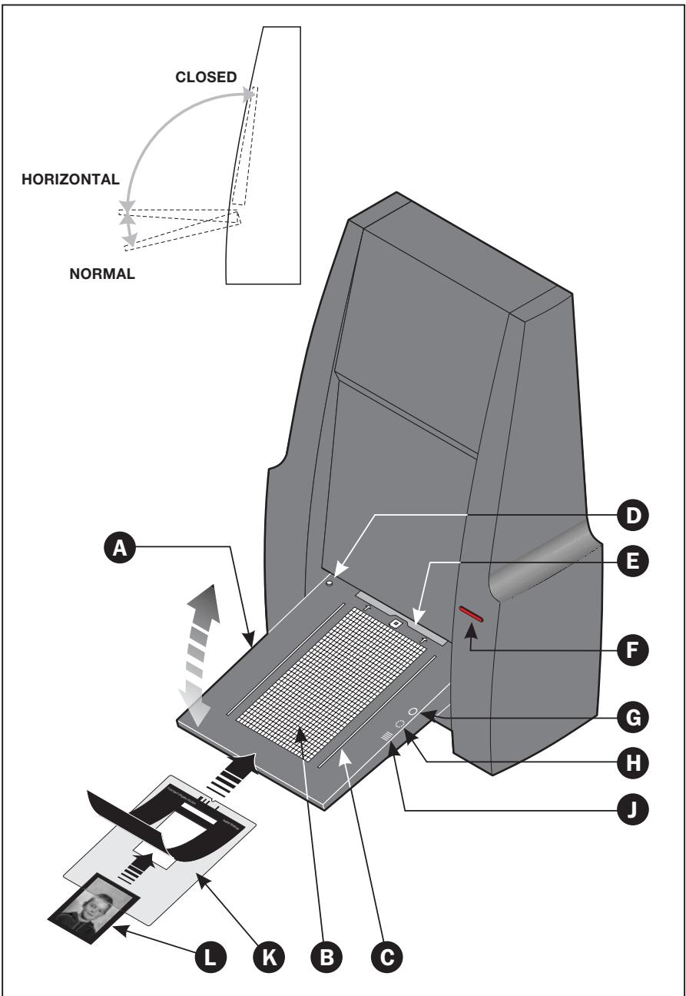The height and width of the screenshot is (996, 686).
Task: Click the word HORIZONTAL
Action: tap(70, 179)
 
